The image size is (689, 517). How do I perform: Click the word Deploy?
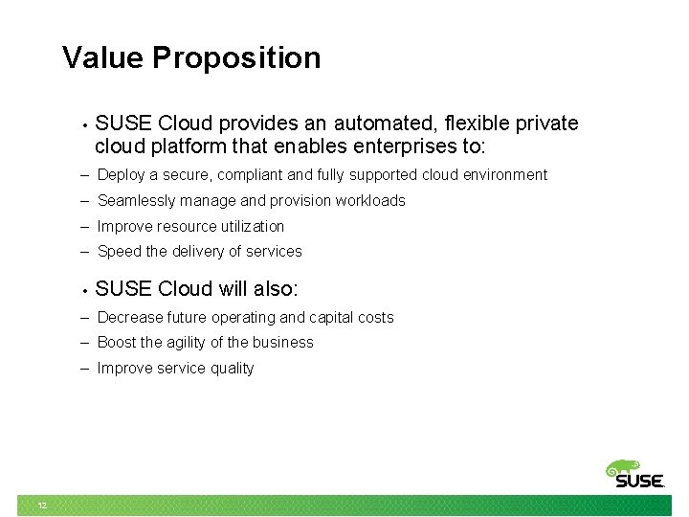pyautogui.click(x=121, y=175)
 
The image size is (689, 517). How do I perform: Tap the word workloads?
pyautogui.click(x=373, y=201)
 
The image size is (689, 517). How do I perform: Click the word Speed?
pyautogui.click(x=119, y=252)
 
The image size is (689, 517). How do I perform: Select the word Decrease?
pyautogui.click(x=130, y=318)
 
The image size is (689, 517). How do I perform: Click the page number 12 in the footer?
pyautogui.click(x=42, y=506)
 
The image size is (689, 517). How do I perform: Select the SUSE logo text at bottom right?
pyautogui.click(x=638, y=482)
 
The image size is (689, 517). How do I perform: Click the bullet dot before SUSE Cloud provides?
pyautogui.click(x=85, y=125)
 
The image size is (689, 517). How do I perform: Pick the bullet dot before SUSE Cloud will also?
pyautogui.click(x=85, y=290)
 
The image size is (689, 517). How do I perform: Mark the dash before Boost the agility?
pyautogui.click(x=85, y=343)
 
